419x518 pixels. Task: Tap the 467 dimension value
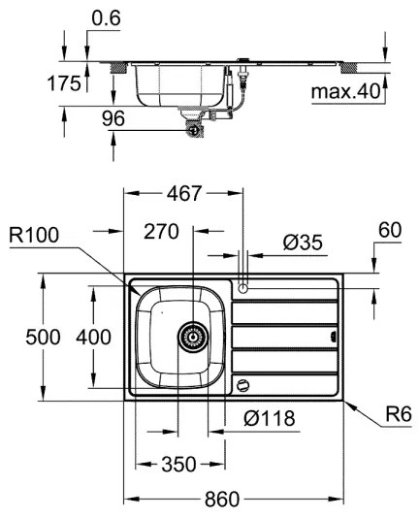(182, 193)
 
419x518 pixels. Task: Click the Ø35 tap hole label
(304, 243)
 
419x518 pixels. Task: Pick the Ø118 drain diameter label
(270, 418)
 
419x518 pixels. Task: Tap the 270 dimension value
(162, 233)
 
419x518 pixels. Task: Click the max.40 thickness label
(343, 92)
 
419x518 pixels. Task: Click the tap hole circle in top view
(242, 287)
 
